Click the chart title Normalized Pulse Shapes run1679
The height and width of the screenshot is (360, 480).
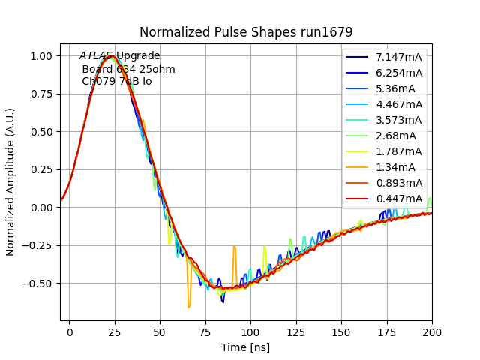click(x=246, y=32)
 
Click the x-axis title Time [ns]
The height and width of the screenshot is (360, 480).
click(x=245, y=347)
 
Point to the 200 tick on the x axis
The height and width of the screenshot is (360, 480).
click(x=432, y=330)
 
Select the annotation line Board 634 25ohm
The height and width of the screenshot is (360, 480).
click(x=128, y=69)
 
